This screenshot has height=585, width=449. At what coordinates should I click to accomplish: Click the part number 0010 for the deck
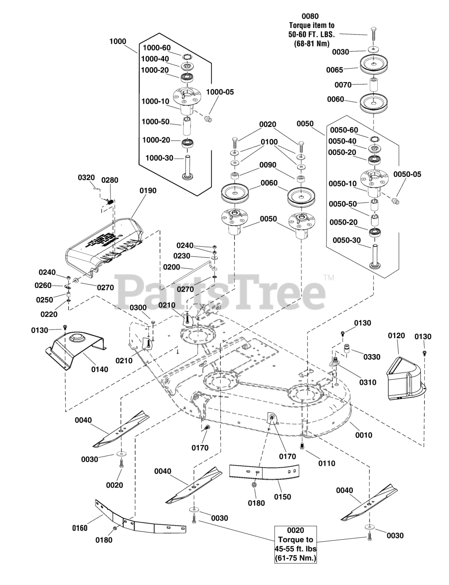coord(364,435)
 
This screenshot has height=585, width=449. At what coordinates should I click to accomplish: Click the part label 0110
coord(326,463)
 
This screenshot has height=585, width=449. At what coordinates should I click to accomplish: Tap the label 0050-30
coord(346,240)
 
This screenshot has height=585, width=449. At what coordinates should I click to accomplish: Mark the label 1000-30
coord(159,158)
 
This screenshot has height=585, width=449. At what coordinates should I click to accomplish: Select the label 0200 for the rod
coord(172,267)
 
